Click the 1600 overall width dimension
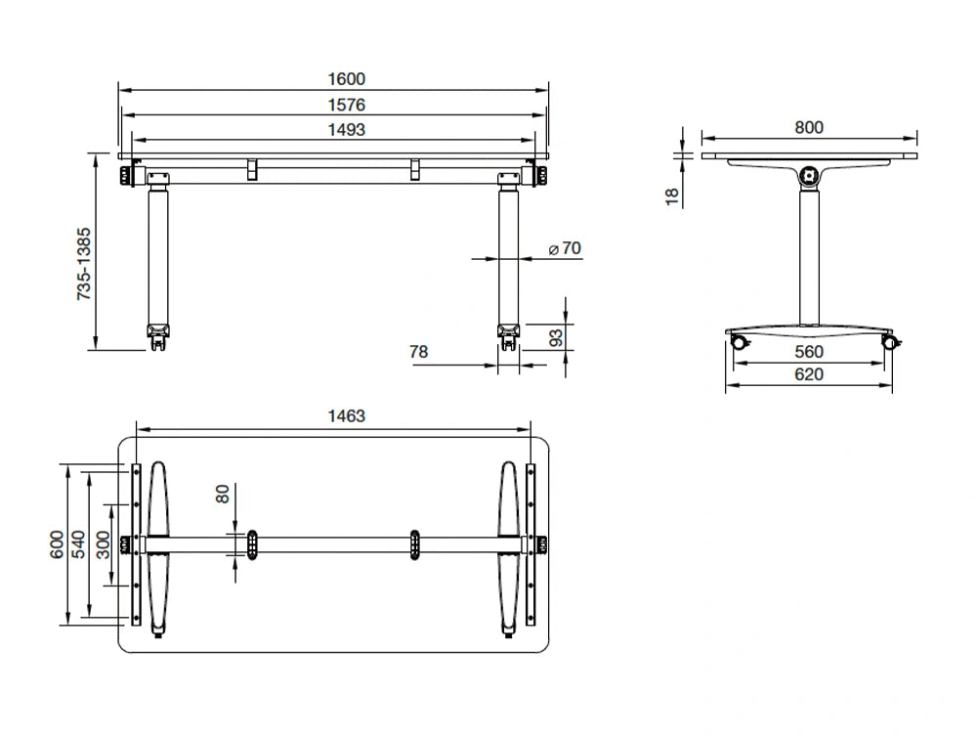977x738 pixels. (x=348, y=79)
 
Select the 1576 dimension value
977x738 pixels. (x=348, y=105)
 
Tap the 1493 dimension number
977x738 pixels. (x=348, y=129)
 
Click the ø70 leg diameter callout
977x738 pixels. (x=565, y=249)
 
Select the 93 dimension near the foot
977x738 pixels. (x=555, y=337)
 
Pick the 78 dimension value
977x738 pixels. (x=418, y=351)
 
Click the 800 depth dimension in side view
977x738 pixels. (x=809, y=127)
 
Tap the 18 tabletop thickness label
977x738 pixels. (x=671, y=196)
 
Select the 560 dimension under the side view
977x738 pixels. (x=809, y=352)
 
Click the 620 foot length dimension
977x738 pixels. (x=809, y=374)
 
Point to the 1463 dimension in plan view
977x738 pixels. (x=346, y=416)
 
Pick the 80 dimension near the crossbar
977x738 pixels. (x=223, y=496)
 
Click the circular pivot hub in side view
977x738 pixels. (x=808, y=177)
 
